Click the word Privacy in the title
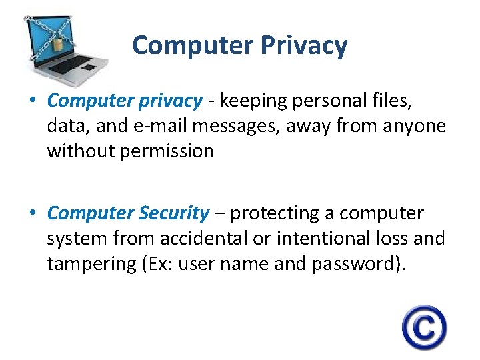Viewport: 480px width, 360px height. [304, 45]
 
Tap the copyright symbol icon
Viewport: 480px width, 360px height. [424, 327]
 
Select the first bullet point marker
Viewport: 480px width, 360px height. [32, 101]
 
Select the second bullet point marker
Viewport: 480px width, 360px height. [32, 214]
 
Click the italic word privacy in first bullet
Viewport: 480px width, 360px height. [169, 101]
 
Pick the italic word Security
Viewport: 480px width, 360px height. [174, 213]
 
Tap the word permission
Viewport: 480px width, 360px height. [167, 151]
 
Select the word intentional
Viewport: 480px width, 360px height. [319, 239]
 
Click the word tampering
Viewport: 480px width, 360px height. [92, 264]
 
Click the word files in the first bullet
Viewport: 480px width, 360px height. [397, 101]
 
